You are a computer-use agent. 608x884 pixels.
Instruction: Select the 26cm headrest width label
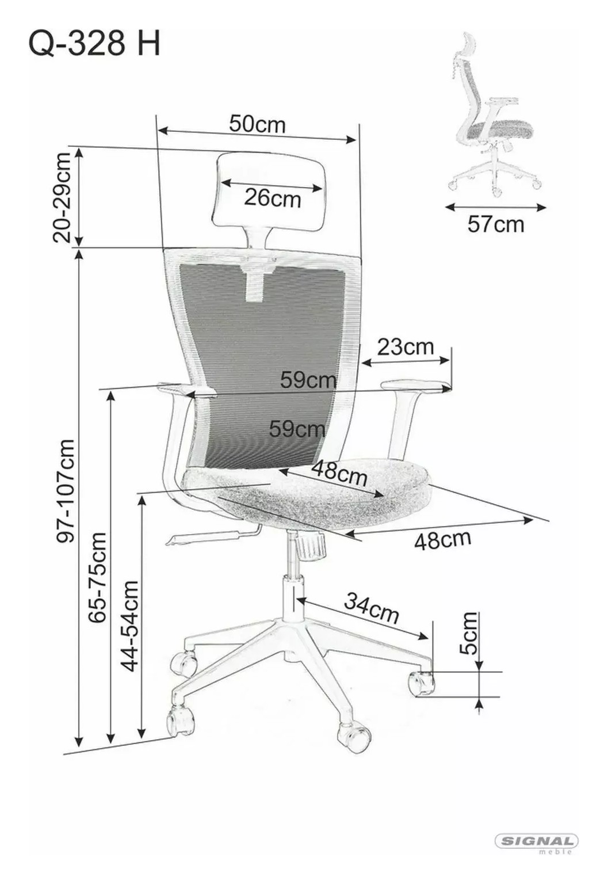tap(272, 198)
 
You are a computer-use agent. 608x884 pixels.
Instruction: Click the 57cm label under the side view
tap(496, 224)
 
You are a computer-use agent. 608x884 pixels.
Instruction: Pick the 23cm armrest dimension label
tap(405, 347)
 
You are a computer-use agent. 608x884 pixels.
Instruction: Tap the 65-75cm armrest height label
tap(97, 578)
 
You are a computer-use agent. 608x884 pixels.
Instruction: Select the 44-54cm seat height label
tap(129, 626)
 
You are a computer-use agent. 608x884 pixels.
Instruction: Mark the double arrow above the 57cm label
tap(495, 207)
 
